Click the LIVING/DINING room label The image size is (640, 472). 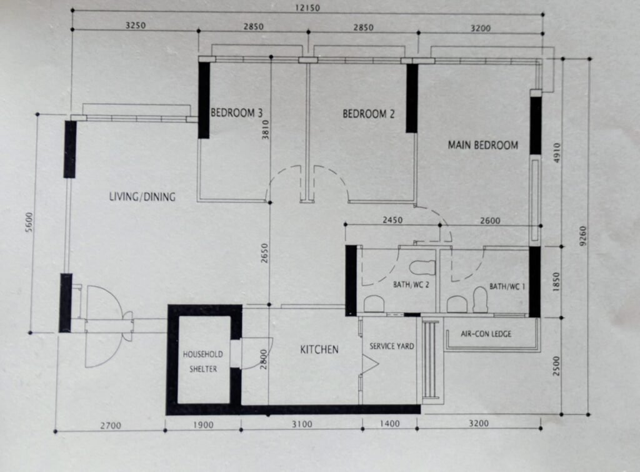(142, 197)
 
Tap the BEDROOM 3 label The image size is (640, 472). (236, 113)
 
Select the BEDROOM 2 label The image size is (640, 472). (369, 114)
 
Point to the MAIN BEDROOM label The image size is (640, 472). (483, 145)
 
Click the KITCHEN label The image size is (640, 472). (319, 350)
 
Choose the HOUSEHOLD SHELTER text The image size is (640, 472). (203, 361)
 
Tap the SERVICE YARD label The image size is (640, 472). (391, 347)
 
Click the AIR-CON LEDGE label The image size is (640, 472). (486, 334)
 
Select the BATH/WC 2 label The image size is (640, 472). (411, 285)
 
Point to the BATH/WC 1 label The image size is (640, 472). (507, 287)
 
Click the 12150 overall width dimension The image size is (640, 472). (307, 7)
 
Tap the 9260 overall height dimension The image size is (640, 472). (582, 236)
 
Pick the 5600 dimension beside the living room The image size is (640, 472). (29, 222)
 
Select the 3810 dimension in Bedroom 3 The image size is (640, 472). (266, 130)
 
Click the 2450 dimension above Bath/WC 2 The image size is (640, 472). (392, 220)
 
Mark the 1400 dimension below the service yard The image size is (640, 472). (390, 424)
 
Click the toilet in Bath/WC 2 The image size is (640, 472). (422, 267)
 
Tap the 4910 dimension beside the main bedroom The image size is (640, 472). (556, 152)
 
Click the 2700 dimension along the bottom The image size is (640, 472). (111, 426)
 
